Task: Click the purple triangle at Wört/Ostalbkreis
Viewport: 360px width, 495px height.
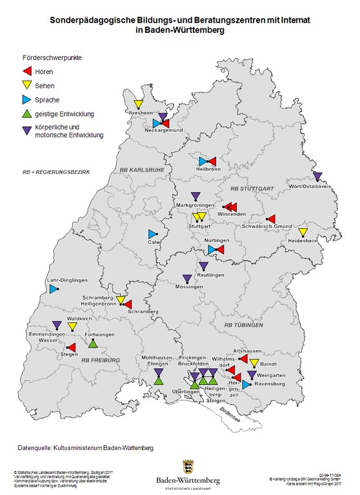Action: click(317, 176)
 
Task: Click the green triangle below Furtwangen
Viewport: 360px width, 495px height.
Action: click(93, 344)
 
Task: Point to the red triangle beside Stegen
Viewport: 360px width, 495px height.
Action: click(72, 347)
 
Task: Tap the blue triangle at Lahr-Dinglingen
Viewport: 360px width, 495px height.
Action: click(54, 289)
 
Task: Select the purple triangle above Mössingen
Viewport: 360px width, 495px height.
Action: click(187, 279)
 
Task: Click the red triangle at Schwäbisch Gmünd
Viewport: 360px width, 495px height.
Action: click(272, 218)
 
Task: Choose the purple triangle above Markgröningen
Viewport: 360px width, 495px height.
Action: click(195, 196)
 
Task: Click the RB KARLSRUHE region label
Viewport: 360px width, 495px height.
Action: click(140, 170)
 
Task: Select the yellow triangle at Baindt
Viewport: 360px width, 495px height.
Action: click(254, 364)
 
